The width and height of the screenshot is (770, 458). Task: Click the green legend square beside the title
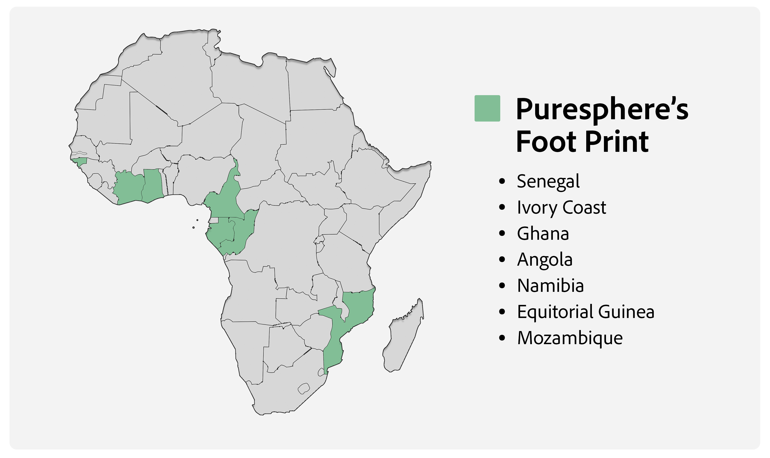[x=487, y=108]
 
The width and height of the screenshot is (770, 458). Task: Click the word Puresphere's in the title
[x=602, y=109]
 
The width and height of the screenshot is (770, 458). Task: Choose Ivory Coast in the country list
[x=561, y=207]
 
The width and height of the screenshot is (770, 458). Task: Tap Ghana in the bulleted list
[x=543, y=234]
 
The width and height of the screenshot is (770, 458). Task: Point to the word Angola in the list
[x=545, y=260]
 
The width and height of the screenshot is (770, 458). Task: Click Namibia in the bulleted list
[x=550, y=286]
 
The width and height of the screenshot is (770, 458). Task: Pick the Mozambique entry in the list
[x=570, y=338]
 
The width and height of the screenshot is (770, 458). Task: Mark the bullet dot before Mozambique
[x=502, y=338]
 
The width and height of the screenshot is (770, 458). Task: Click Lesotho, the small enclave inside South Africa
[x=304, y=388]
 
